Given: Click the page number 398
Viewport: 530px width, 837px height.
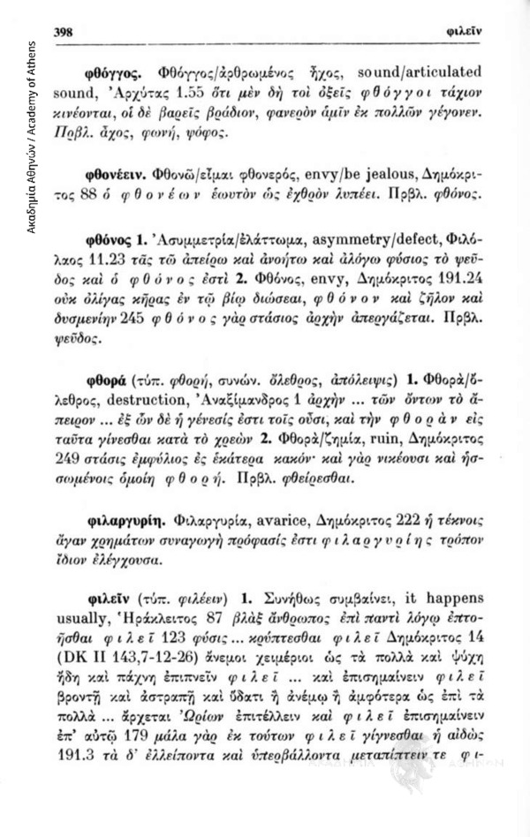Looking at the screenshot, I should point(64,30).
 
